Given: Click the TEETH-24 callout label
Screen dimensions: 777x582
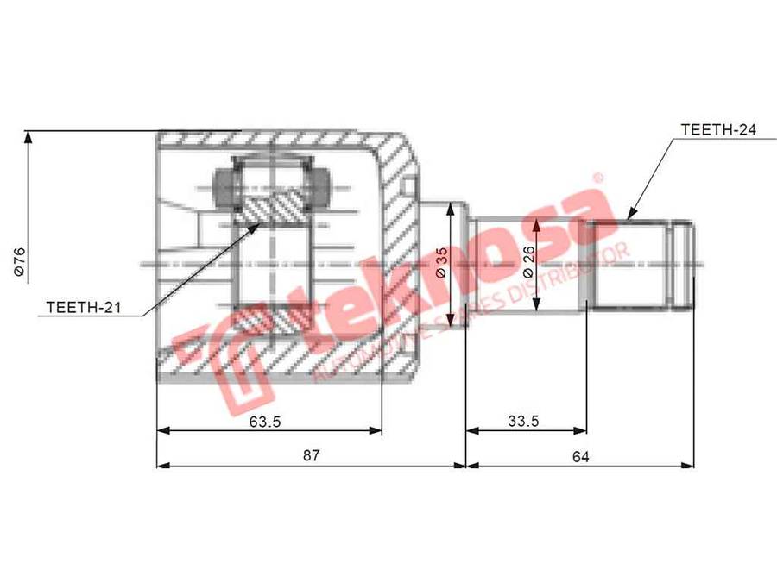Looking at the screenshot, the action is pyautogui.click(x=718, y=129).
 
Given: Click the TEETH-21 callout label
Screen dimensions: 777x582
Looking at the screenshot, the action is pyautogui.click(x=83, y=307).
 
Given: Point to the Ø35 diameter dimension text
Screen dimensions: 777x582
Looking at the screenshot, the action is pyautogui.click(x=440, y=262).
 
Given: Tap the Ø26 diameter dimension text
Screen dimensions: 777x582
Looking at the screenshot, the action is pyautogui.click(x=528, y=262).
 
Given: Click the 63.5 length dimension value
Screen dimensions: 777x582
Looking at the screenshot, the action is pyautogui.click(x=265, y=422).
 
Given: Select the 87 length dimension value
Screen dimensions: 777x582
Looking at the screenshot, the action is pyautogui.click(x=311, y=455).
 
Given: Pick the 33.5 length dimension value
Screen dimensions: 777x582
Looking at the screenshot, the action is pyautogui.click(x=523, y=421).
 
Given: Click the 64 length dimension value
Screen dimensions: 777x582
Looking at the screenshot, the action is pyautogui.click(x=581, y=456).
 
